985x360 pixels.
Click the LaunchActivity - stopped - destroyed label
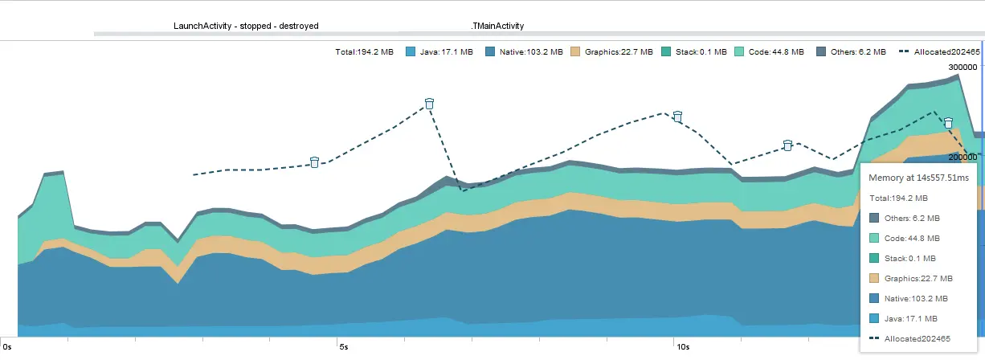[246, 26]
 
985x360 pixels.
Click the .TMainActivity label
[497, 26]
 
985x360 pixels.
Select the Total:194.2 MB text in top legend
[364, 52]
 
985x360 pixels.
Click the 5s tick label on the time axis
[343, 347]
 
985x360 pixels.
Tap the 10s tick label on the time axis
[682, 347]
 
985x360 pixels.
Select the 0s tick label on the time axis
[8, 347]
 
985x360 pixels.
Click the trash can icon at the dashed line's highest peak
[429, 104]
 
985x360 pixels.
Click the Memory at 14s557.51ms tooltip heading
[919, 178]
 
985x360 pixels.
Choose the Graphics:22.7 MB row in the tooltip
[918, 278]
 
